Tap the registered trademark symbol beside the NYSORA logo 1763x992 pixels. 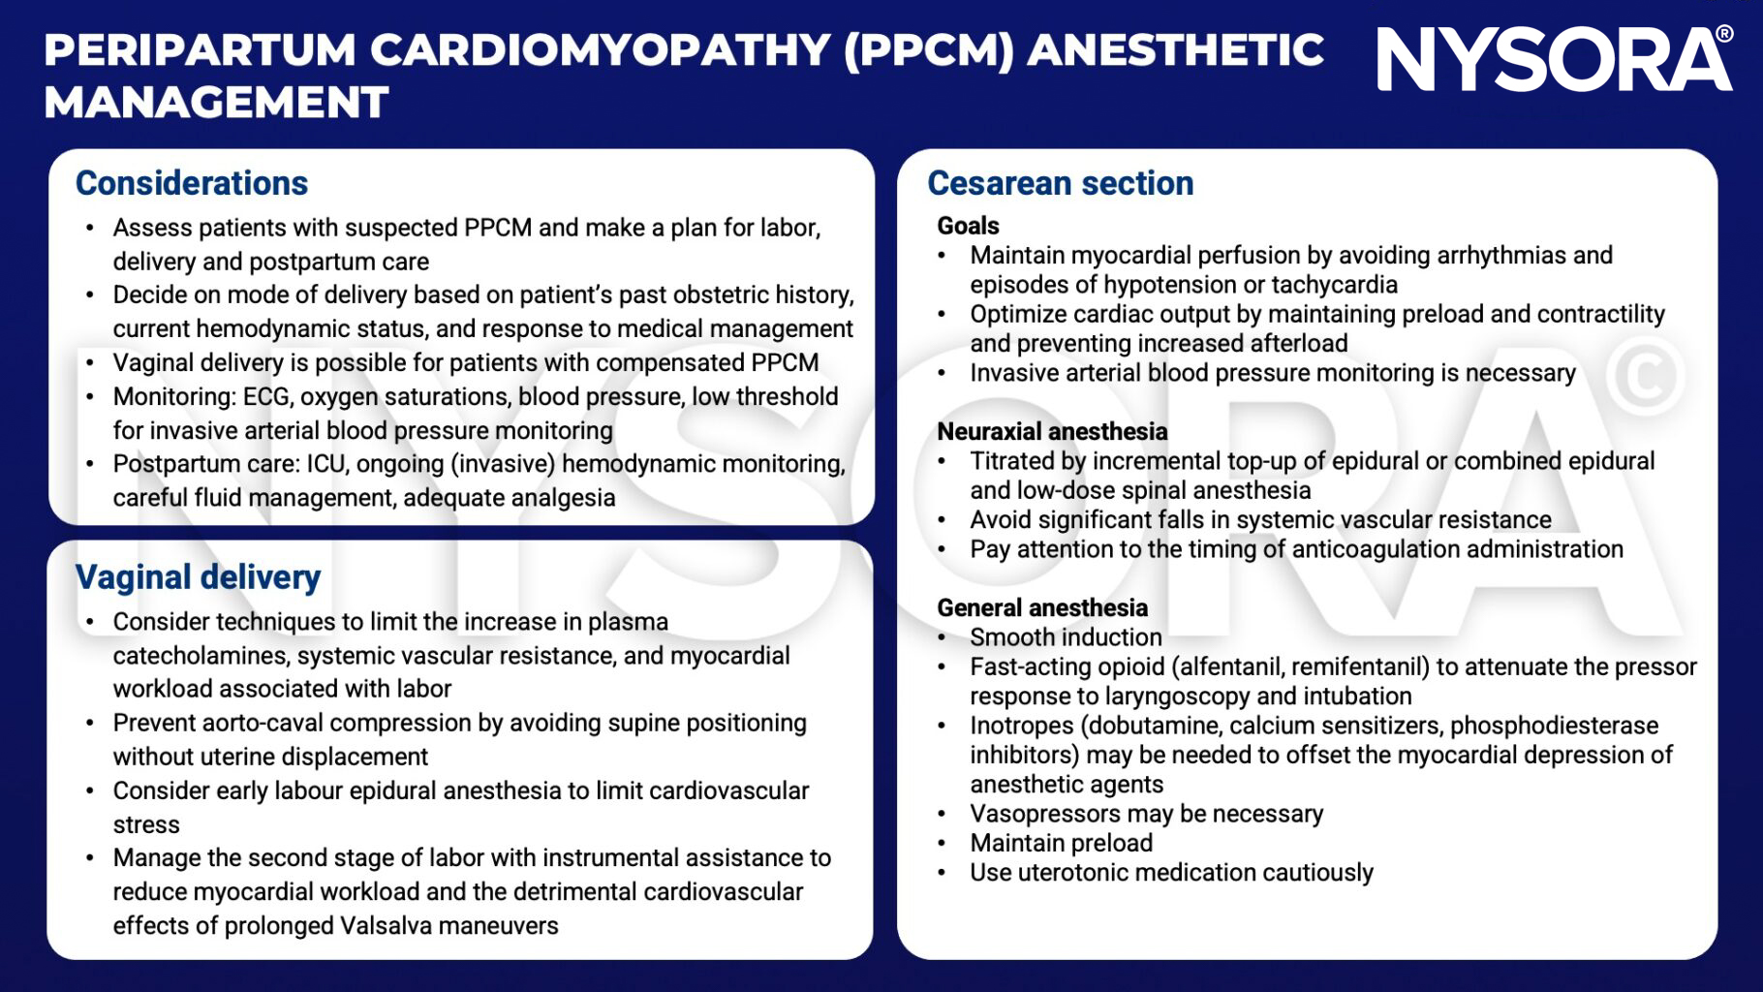1724,35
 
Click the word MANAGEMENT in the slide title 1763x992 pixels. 216,103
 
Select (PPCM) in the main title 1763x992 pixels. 928,50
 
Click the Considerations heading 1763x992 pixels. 192,183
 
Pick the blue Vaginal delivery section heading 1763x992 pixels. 198,577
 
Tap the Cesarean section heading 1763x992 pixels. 1060,183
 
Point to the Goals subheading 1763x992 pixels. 968,226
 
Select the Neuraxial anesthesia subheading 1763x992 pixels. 1052,431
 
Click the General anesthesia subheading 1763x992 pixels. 1042,607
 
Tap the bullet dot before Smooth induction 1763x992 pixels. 942,637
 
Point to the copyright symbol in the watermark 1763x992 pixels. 1644,377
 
